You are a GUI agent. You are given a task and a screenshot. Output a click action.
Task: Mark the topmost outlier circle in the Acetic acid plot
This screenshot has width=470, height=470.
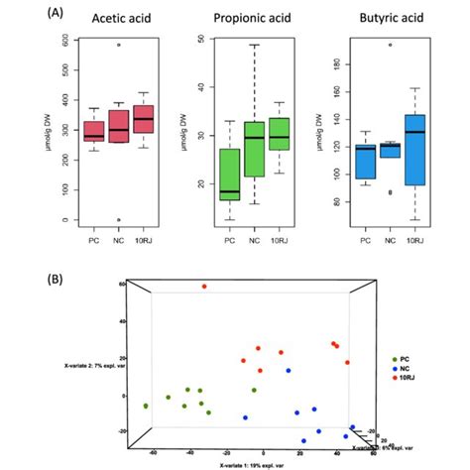point(119,45)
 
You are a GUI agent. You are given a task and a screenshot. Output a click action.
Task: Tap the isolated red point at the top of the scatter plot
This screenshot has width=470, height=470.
point(204,287)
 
